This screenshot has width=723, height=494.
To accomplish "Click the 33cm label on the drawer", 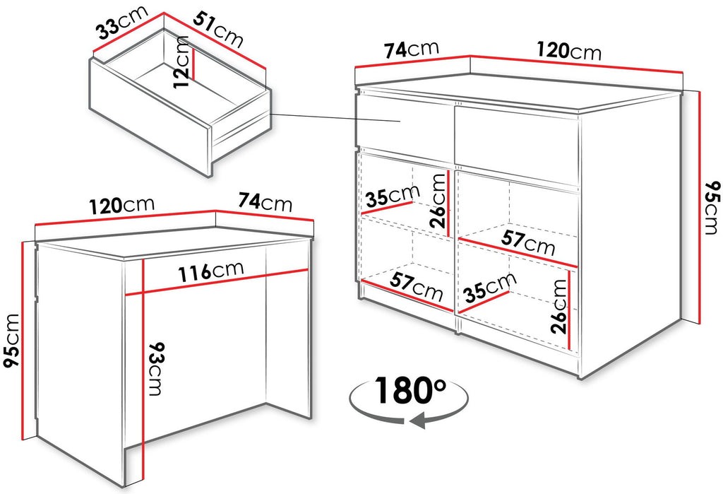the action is point(122,23).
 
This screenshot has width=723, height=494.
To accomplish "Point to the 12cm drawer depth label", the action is point(181,61).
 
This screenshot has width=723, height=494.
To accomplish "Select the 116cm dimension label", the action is point(211,271).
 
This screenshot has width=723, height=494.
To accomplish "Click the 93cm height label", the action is point(156,369).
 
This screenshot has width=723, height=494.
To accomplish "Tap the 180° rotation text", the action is point(410,390).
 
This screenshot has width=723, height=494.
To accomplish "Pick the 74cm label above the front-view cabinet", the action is point(412,50).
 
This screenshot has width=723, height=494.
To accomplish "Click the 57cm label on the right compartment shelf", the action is point(528,243).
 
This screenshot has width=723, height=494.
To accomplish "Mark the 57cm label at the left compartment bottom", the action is point(417,287).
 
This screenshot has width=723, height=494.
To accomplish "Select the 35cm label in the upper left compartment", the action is point(393,196).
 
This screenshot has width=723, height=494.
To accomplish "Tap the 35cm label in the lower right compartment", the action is point(490,286).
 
